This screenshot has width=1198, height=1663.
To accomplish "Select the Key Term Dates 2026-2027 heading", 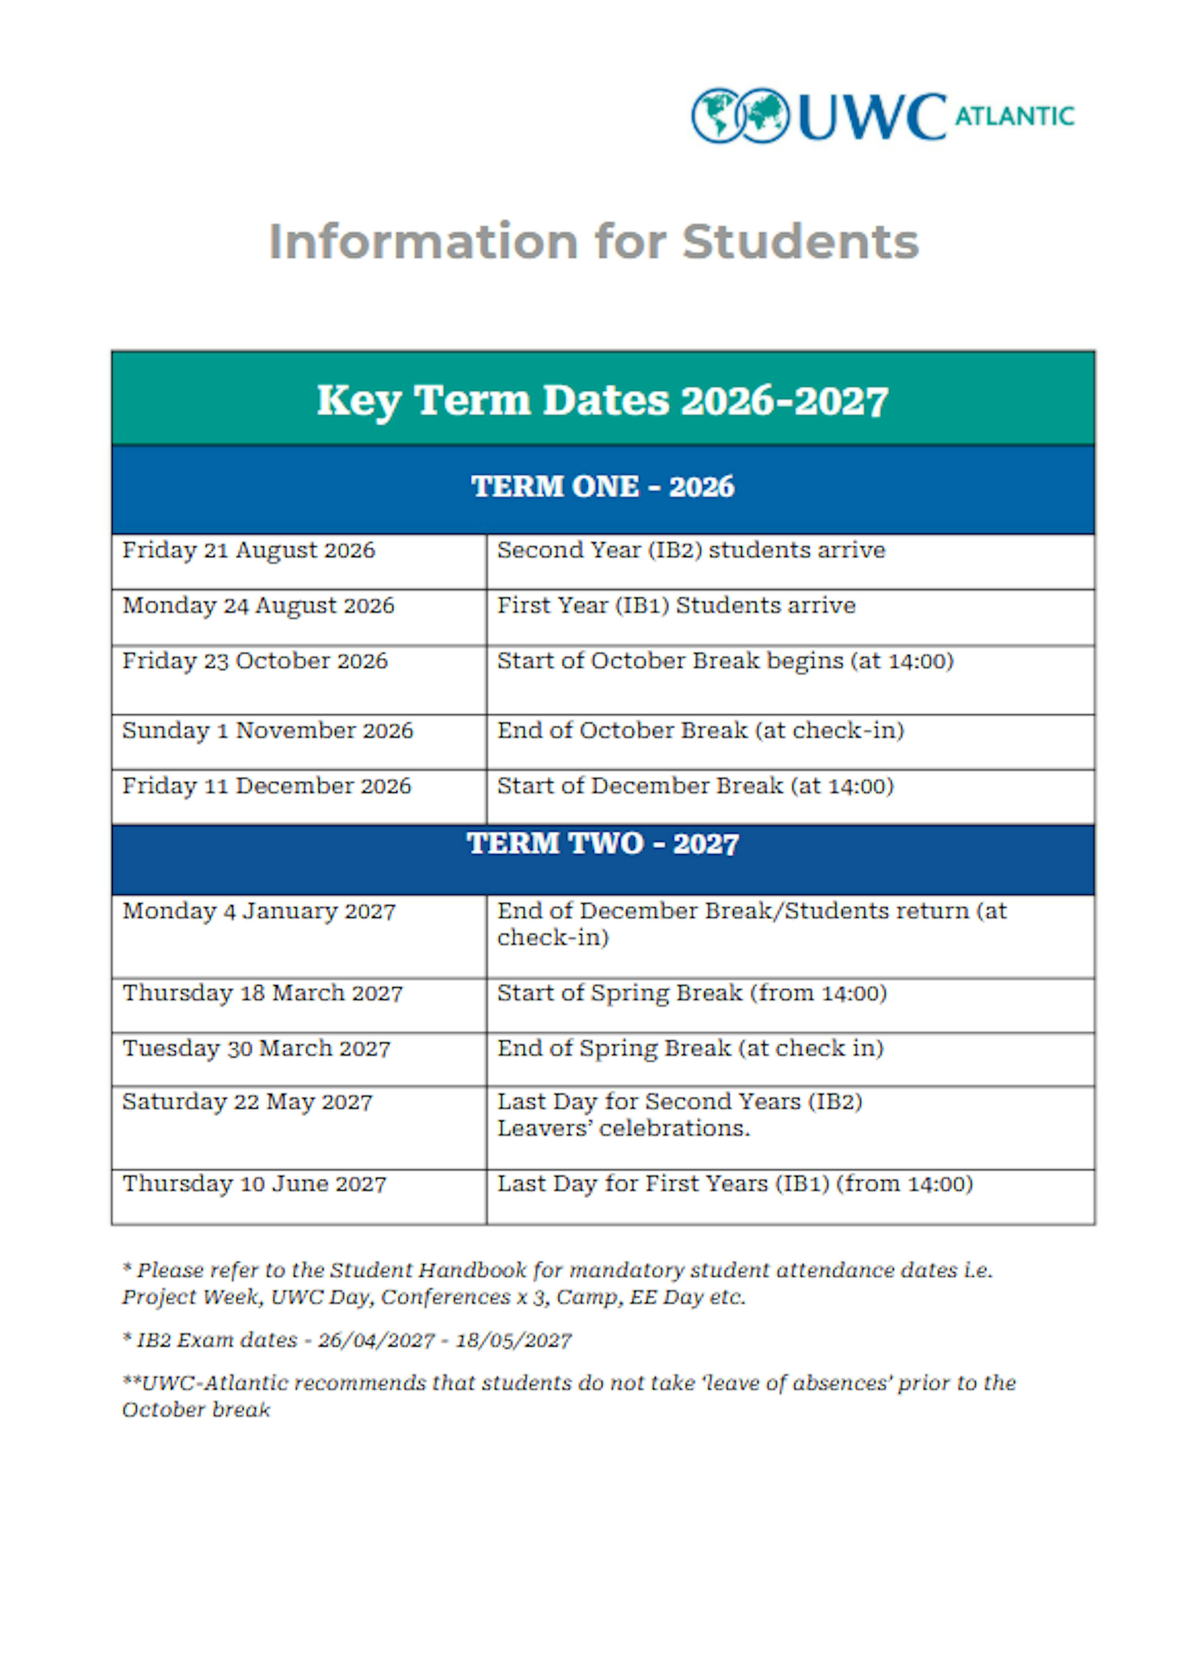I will (602, 401).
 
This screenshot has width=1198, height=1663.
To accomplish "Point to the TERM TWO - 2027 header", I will (602, 844).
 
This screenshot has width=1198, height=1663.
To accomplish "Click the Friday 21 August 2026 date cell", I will (249, 551).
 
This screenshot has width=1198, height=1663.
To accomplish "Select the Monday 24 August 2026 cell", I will (258, 607).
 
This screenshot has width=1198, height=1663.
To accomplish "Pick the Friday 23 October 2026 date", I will (255, 661).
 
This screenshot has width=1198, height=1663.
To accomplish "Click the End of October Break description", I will (701, 731).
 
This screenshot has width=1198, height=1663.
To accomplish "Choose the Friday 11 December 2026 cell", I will (266, 787).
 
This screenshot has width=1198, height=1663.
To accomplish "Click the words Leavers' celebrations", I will (624, 1129).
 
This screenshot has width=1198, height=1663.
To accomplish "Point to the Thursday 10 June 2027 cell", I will (254, 1185).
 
